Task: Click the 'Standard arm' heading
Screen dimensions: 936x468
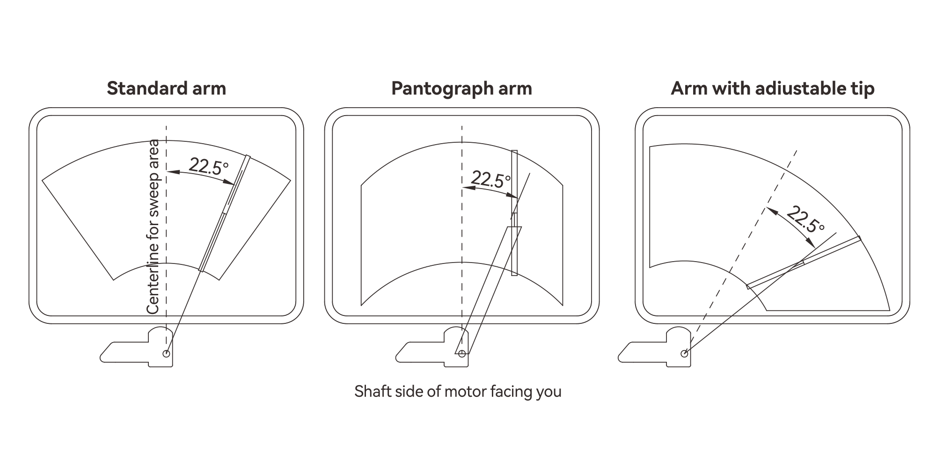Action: pyautogui.click(x=166, y=88)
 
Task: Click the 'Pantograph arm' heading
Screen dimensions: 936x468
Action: pyautogui.click(x=461, y=88)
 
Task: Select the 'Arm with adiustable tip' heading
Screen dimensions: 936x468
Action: pyautogui.click(x=772, y=88)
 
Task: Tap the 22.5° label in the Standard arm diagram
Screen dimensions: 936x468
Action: pyautogui.click(x=208, y=166)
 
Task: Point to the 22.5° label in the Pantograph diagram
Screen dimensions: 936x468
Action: pyautogui.click(x=490, y=179)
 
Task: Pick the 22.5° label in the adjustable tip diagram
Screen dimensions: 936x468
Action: pyautogui.click(x=805, y=219)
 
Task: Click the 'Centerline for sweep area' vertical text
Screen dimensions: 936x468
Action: pyautogui.click(x=154, y=227)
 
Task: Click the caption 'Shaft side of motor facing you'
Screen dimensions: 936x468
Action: pyautogui.click(x=458, y=391)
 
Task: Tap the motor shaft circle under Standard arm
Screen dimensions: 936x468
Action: pyautogui.click(x=166, y=353)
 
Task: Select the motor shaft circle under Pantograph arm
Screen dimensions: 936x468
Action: pyautogui.click(x=462, y=353)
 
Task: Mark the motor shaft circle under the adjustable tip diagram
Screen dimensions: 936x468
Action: pyautogui.click(x=684, y=353)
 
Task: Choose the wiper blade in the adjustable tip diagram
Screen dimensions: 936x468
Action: pyautogui.click(x=804, y=262)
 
